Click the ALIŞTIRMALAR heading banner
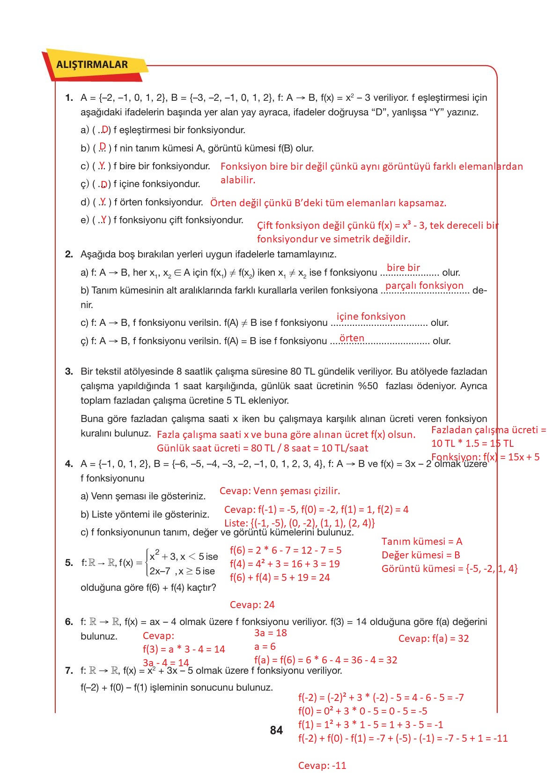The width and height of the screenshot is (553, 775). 92,65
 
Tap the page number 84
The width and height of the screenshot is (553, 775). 276,730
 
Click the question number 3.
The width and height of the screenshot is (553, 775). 69,371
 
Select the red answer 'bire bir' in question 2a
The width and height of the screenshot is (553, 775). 403,268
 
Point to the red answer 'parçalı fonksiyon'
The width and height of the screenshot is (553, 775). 424,286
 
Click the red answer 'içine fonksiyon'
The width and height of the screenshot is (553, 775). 371,316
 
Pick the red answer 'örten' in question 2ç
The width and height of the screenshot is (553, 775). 352,338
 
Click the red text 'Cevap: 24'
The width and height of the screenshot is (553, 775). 252,605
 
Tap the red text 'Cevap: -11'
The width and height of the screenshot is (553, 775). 322,766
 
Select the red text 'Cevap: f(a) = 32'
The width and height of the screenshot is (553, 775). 433,639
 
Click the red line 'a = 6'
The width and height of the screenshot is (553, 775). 265,647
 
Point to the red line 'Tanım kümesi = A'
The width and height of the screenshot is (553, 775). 422,542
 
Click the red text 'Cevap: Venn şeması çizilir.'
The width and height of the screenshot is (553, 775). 280,491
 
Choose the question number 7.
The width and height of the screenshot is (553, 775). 69,670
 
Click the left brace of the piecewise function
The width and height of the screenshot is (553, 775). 147,563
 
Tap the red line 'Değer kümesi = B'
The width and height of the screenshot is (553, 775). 420,555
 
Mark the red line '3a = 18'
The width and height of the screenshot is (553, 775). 270,633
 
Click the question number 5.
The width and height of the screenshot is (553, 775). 69,563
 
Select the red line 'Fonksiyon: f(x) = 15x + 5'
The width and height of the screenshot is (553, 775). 485,457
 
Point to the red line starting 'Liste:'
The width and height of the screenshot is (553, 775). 299,523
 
